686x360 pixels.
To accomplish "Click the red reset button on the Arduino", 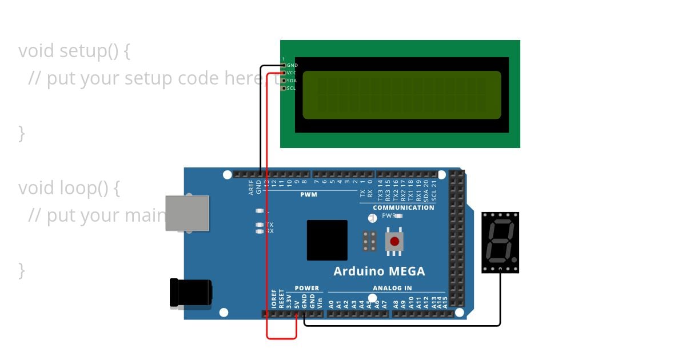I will pyautogui.click(x=394, y=241).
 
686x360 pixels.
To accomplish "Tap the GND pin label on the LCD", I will pyautogui.click(x=292, y=66).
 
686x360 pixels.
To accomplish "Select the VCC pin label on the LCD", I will pyautogui.click(x=292, y=73).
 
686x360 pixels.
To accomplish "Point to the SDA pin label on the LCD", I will pyautogui.click(x=292, y=81).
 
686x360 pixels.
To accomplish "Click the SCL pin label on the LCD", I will pyautogui.click(x=292, y=88).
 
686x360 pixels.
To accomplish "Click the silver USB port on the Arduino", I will pyautogui.click(x=188, y=213).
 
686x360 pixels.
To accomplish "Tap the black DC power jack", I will pyautogui.click(x=191, y=293).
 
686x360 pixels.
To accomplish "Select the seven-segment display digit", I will pyautogui.click(x=500, y=240).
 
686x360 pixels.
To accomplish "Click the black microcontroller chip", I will pyautogui.click(x=327, y=240).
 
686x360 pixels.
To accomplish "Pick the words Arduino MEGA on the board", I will pyautogui.click(x=379, y=271).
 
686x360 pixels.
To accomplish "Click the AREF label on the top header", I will pyautogui.click(x=252, y=188).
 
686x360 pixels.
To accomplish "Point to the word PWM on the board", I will pyautogui.click(x=309, y=195).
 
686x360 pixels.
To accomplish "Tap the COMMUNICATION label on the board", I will pyautogui.click(x=404, y=207).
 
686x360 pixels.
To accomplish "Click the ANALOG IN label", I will pyautogui.click(x=392, y=289).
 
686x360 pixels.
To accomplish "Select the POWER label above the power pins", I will pyautogui.click(x=307, y=289).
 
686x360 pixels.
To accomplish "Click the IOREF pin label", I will pyautogui.click(x=274, y=299).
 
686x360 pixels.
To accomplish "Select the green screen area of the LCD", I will pyautogui.click(x=401, y=95).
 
